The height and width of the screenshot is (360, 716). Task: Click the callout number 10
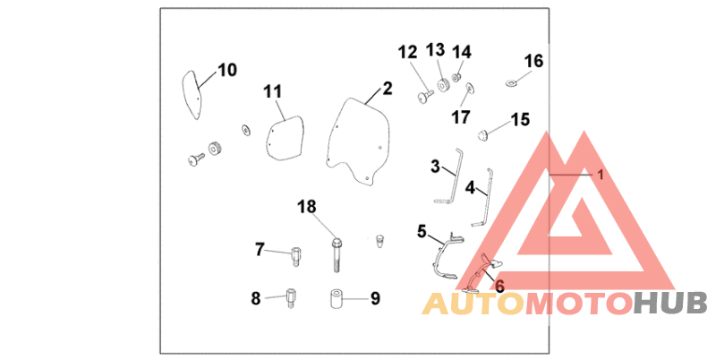coord(227,71)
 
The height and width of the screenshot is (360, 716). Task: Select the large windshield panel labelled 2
coord(359,140)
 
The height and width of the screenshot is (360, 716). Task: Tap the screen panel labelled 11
coord(285,138)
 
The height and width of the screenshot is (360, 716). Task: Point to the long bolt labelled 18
coord(337,255)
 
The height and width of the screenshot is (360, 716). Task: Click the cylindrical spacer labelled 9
coord(337,298)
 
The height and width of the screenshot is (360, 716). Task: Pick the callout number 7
coord(260,250)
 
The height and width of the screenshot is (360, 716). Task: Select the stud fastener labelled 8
coord(290,297)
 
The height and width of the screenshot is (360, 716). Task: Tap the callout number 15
coord(520,120)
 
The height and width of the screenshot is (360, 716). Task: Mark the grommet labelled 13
coord(443,85)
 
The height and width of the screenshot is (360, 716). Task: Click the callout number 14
coord(462,52)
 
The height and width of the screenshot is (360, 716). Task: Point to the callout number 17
coord(461,117)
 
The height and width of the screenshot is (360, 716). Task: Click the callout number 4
coord(471,187)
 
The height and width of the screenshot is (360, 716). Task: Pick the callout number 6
coord(499,287)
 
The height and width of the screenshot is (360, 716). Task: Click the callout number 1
coord(601,175)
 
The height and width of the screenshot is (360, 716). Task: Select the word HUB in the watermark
coord(670,304)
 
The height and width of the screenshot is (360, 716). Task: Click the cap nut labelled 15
coord(482,134)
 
